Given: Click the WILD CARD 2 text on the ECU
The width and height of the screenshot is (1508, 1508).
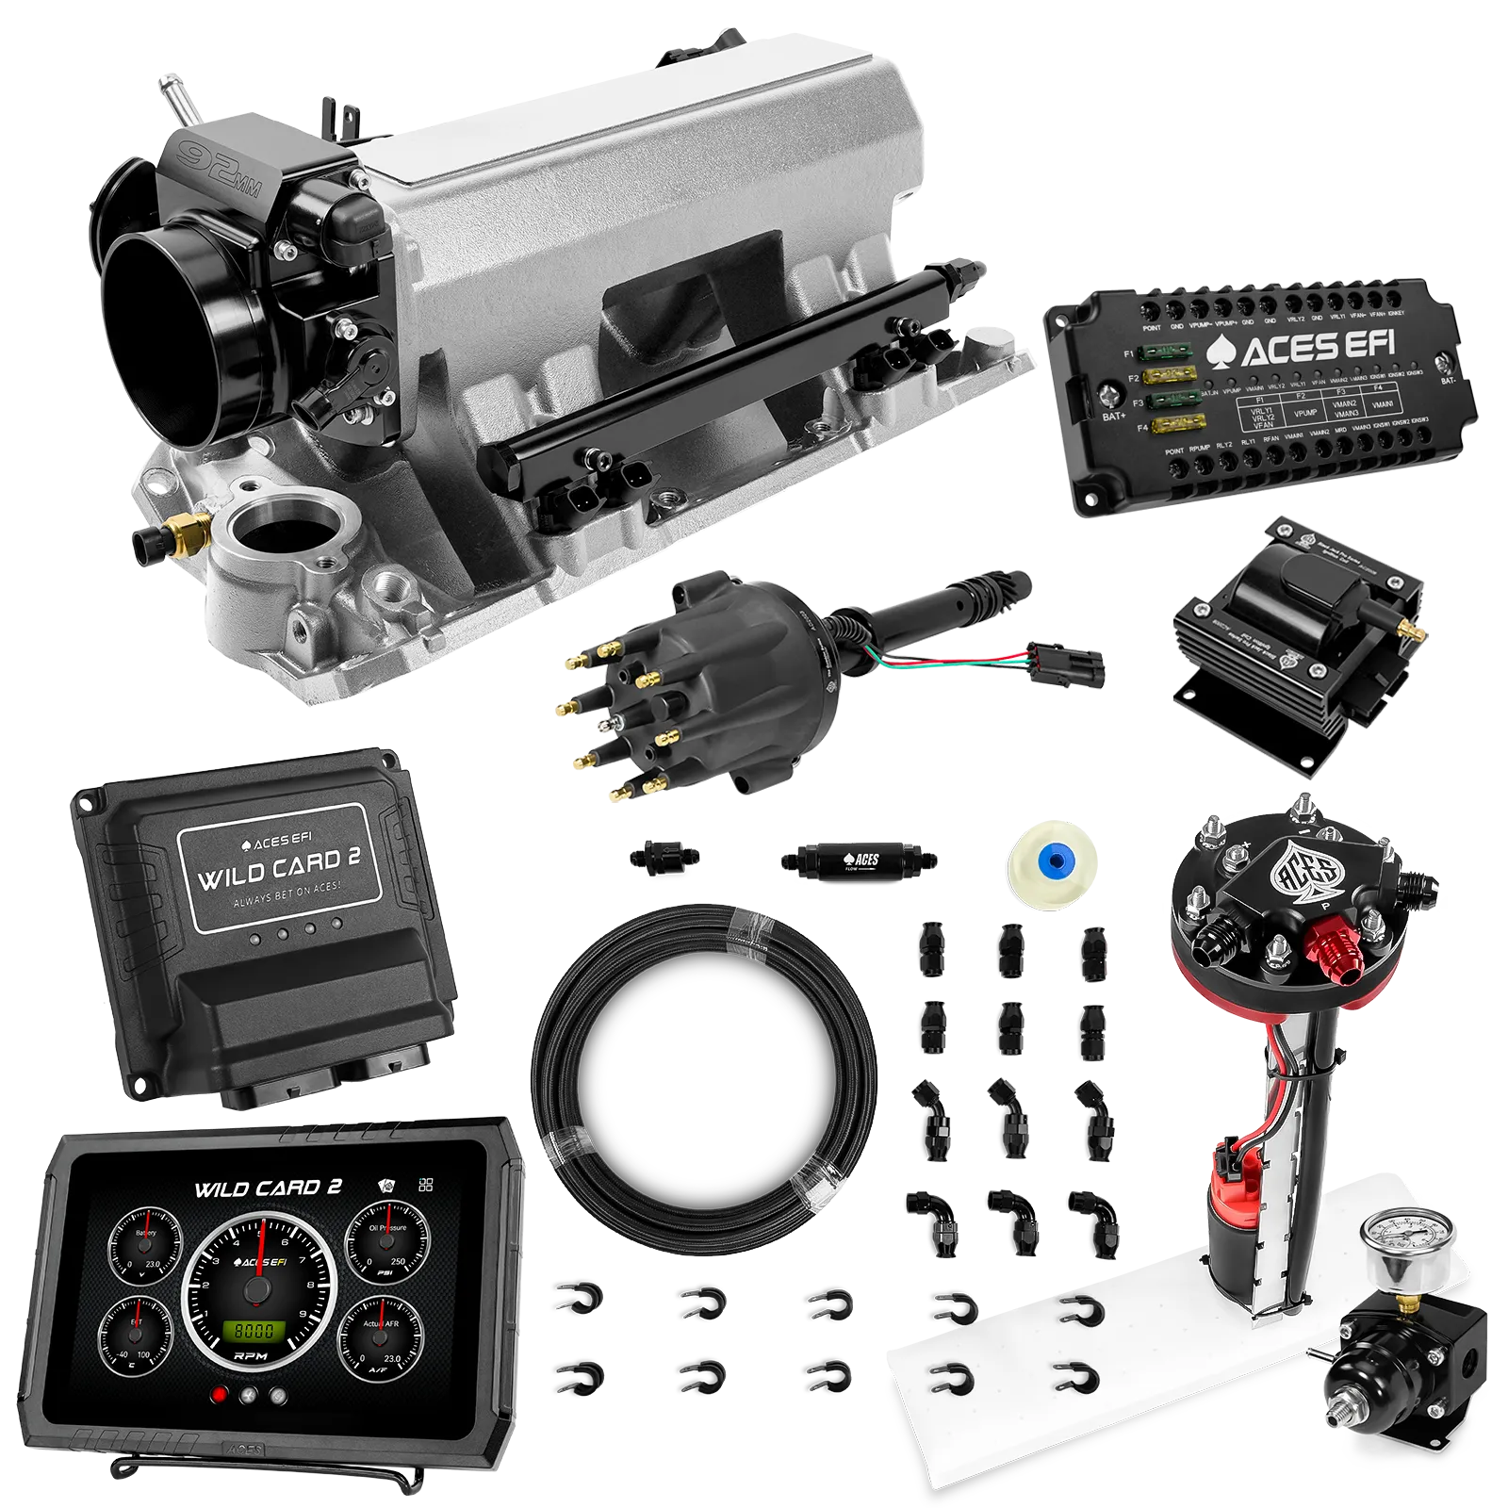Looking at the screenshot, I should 280,868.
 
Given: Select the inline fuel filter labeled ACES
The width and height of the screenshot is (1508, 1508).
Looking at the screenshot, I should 858,860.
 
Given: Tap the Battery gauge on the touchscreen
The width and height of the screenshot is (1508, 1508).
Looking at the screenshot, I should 145,1244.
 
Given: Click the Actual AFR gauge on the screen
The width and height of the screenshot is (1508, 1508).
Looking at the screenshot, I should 381,1335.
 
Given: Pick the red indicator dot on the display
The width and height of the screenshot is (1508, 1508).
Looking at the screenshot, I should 220,1396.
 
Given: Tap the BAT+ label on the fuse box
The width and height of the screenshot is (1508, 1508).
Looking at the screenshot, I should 1113,416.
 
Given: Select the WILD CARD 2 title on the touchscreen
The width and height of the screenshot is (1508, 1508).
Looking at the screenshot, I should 268,1188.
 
